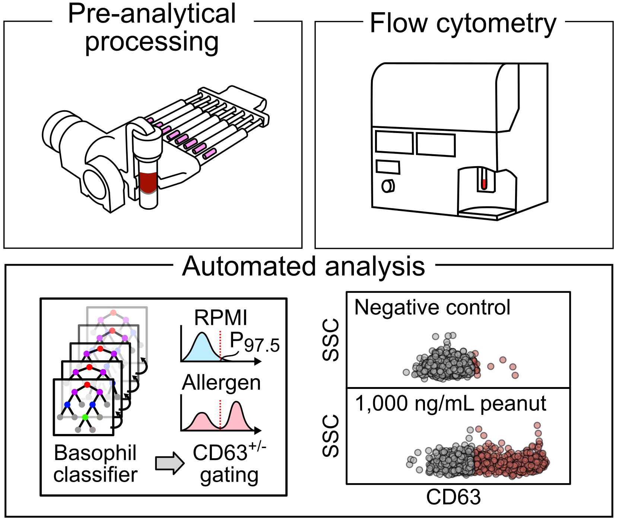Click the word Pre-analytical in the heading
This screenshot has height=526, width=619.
152,14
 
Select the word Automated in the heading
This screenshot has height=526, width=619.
251,267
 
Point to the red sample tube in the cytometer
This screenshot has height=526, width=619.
484,184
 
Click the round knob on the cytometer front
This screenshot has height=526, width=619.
387,186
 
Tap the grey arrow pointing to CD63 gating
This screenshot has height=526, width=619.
169,463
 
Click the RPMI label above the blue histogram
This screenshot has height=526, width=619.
220,318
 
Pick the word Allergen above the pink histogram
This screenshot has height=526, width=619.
221,383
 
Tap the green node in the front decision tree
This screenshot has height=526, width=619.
85,417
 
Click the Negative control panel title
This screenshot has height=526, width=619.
432,307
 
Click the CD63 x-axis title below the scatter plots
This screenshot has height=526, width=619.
453,497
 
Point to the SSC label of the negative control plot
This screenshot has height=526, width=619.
330,340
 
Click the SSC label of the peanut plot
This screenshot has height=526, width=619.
330,436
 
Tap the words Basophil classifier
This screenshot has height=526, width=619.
95,464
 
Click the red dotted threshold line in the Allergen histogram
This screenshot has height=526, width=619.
220,413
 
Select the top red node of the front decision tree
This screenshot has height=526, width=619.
87,384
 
